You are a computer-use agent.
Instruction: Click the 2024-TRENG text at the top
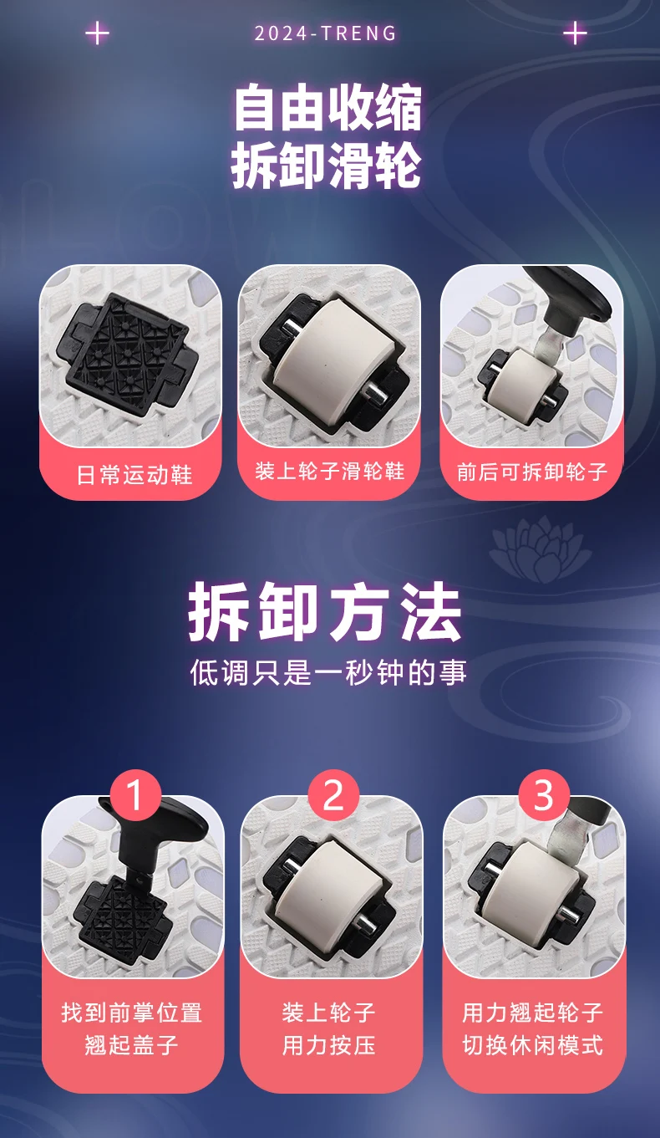click(x=325, y=33)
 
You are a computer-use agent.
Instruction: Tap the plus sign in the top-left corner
click(x=97, y=33)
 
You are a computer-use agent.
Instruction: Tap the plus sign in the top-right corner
click(x=575, y=33)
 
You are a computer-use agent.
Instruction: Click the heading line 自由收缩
click(x=327, y=108)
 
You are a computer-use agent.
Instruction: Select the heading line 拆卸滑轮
click(x=327, y=164)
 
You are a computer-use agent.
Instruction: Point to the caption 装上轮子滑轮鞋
click(x=329, y=471)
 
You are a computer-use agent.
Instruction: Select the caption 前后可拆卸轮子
click(x=531, y=472)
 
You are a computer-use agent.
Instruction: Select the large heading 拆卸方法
click(x=325, y=611)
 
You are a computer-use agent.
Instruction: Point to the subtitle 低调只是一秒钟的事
click(x=328, y=671)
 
